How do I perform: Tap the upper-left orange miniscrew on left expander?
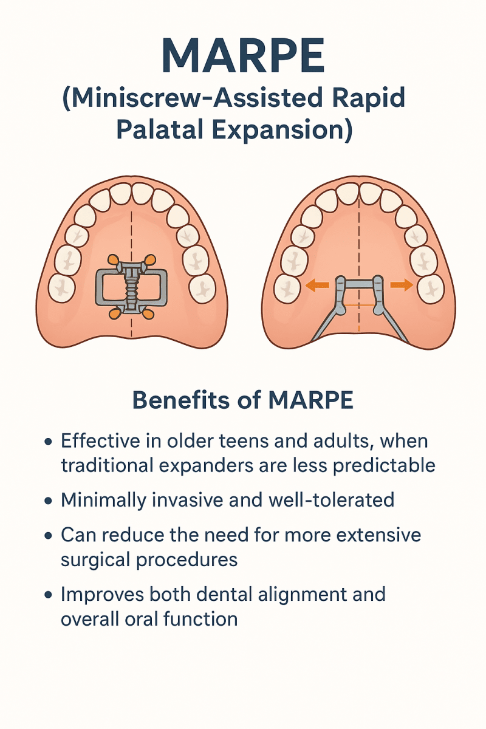(x=114, y=261)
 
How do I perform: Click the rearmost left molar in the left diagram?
(x=61, y=287)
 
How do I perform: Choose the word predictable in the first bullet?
(x=382, y=465)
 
